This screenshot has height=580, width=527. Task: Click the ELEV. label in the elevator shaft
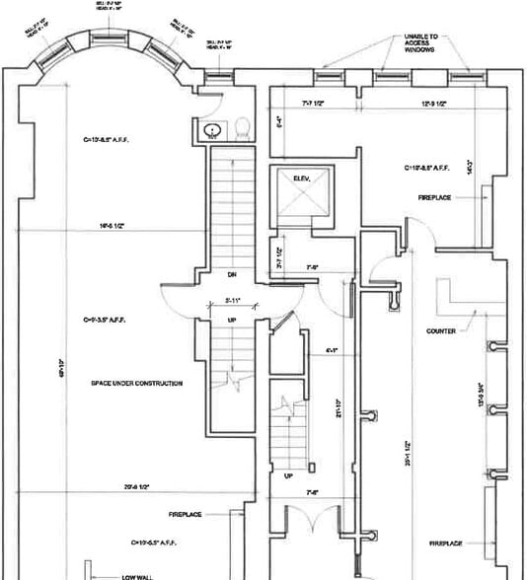pyautogui.click(x=301, y=178)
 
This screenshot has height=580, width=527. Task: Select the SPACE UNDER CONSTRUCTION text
pyautogui.click(x=134, y=383)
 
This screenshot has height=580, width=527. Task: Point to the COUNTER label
pyautogui.click(x=440, y=331)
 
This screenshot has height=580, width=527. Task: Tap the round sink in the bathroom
pyautogui.click(x=210, y=129)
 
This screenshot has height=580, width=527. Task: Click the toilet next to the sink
pyautogui.click(x=241, y=127)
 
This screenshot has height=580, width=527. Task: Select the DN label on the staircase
pyautogui.click(x=233, y=274)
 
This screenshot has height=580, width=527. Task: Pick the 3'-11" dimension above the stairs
pyautogui.click(x=233, y=299)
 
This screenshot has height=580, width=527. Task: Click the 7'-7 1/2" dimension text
pyautogui.click(x=314, y=102)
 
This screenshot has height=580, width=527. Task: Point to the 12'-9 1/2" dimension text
pyautogui.click(x=433, y=102)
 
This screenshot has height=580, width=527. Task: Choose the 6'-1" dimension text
pyautogui.click(x=332, y=350)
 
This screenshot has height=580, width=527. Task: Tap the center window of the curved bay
pyautogui.click(x=109, y=36)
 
